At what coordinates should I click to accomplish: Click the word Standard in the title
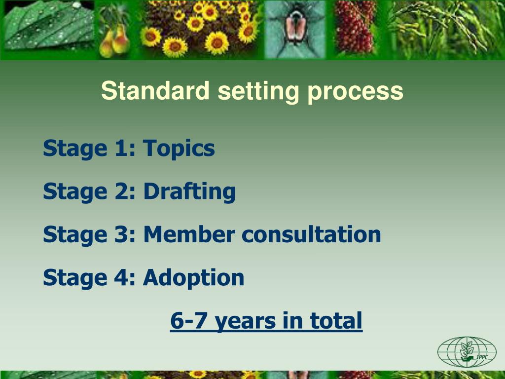(155, 91)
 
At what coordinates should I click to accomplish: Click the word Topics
(179, 149)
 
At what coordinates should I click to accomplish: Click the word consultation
(311, 234)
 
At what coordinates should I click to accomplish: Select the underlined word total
(336, 321)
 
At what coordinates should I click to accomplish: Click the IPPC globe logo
(466, 351)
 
